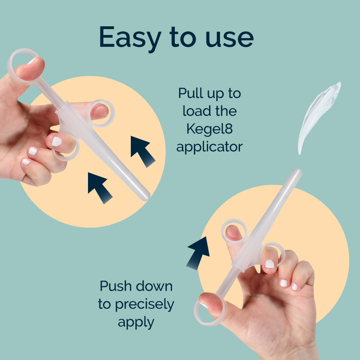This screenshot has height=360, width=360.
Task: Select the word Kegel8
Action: tap(210, 129)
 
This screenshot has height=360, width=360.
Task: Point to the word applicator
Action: tap(210, 147)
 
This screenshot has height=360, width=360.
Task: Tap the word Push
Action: tap(116, 286)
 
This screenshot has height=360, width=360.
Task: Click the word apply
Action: tap(136, 322)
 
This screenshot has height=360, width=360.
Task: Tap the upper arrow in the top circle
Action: tap(143, 151)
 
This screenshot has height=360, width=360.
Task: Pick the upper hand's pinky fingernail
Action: tap(26, 162)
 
